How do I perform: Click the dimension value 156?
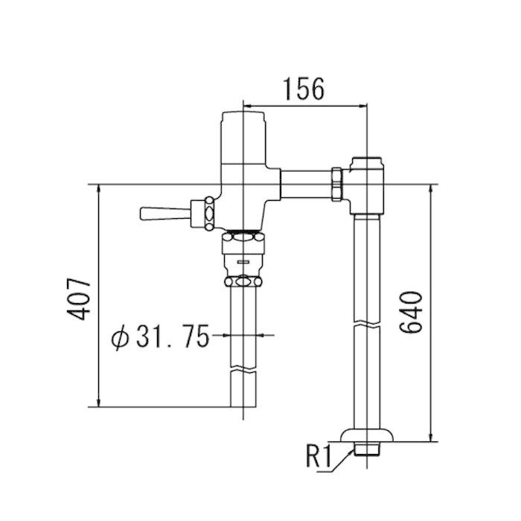pos(304,89)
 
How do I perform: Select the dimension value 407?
pos(79,299)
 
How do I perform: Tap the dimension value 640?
pos(411,312)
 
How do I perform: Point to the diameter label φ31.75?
pos(161,336)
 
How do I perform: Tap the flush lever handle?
pos(165,214)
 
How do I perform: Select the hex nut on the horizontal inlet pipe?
pos(338,185)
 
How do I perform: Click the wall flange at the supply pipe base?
pos(367,435)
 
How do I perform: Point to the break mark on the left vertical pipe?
pos(243,369)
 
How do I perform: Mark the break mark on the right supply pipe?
pos(367,324)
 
